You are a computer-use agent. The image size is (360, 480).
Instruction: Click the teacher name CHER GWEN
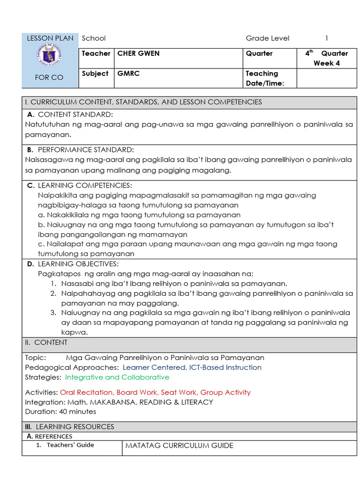tap(138, 53)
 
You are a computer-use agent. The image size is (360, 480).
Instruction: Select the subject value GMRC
tap(126, 74)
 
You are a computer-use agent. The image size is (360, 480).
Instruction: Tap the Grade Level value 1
tap(327, 38)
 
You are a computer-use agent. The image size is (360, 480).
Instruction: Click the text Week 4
tap(326, 63)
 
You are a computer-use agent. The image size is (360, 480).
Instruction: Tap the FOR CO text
tap(49, 77)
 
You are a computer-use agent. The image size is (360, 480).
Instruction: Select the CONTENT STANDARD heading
tap(75, 114)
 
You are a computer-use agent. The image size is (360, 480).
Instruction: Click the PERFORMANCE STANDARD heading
tap(86, 150)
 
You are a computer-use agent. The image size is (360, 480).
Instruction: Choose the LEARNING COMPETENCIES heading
tap(85, 186)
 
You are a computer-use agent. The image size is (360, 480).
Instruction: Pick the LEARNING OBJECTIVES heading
tap(78, 264)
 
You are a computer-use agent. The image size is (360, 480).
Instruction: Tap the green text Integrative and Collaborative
tap(117, 377)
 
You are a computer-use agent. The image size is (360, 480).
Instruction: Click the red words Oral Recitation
tap(86, 392)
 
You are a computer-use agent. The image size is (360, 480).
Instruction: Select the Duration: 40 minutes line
tap(60, 412)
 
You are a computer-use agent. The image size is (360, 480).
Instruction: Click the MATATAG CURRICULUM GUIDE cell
tap(179, 445)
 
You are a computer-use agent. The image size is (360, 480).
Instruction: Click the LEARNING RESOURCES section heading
tap(75, 427)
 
